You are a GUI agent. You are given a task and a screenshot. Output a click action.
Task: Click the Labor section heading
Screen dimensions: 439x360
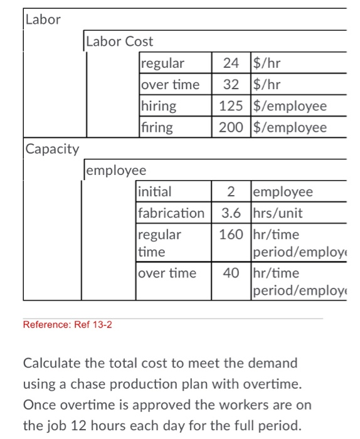(43, 19)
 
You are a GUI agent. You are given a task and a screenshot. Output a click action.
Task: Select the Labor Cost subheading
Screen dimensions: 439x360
(119, 41)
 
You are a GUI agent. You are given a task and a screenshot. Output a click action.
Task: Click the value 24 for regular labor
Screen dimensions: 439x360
(231, 63)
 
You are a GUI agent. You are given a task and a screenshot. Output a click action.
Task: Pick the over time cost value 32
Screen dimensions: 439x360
(231, 85)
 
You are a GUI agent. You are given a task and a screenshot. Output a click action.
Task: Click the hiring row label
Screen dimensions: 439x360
(159, 106)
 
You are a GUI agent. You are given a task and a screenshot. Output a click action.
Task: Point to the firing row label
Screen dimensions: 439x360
(157, 127)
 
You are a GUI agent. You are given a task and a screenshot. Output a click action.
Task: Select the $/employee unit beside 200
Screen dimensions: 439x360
(290, 127)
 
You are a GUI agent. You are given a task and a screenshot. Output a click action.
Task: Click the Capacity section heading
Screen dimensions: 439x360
(53, 149)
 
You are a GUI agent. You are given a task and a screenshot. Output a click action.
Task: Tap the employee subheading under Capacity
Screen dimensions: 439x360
(116, 171)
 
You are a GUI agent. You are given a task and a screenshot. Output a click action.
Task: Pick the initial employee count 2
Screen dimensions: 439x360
(231, 192)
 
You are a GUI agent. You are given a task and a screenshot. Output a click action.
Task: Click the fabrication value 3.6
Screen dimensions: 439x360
(231, 213)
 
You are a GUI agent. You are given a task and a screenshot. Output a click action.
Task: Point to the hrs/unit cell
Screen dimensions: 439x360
(277, 213)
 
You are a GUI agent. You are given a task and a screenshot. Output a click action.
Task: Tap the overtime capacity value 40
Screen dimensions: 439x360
(231, 273)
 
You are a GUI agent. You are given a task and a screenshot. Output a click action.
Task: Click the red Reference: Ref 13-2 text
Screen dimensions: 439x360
(67, 324)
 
